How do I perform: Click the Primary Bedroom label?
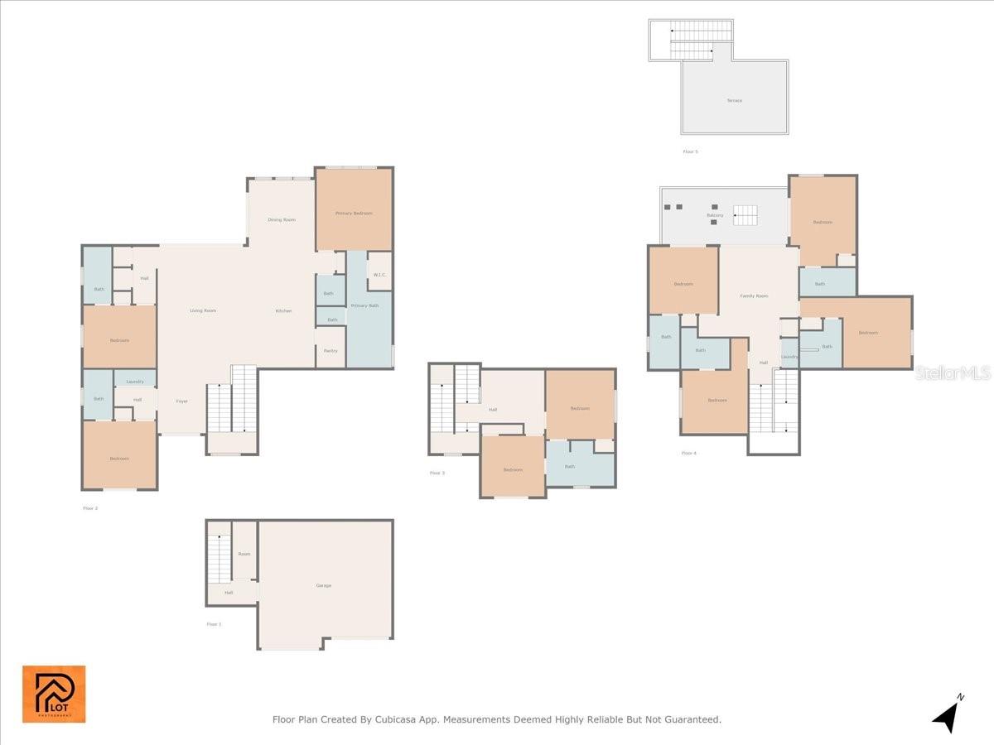click(354, 214)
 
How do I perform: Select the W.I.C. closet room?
click(379, 275)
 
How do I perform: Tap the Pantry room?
click(331, 350)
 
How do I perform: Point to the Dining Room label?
click(282, 220)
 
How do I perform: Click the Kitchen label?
click(283, 310)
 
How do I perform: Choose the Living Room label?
click(203, 310)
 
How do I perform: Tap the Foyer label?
click(182, 401)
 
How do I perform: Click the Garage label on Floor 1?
click(323, 585)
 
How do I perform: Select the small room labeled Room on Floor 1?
click(244, 554)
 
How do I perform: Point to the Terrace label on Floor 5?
click(735, 100)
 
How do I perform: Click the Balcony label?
click(715, 215)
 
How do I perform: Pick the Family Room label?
click(754, 296)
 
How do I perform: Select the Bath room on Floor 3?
click(570, 467)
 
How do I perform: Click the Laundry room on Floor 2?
click(136, 382)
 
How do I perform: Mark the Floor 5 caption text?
click(691, 151)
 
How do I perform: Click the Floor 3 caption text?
click(437, 473)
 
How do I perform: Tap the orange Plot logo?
click(54, 694)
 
